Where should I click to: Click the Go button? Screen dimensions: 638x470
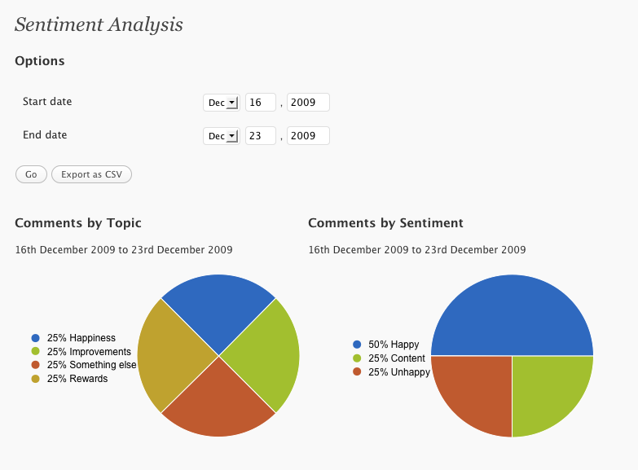pos(31,174)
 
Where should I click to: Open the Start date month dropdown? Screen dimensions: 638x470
pos(222,103)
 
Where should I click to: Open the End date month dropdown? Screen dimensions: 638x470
pos(222,136)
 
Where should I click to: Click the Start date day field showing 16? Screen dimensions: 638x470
pos(261,103)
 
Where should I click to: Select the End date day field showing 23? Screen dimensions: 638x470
pos(261,136)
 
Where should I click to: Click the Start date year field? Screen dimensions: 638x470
pos(308,103)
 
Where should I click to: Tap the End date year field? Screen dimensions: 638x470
pos(308,136)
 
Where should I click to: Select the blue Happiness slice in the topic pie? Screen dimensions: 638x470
pos(218,310)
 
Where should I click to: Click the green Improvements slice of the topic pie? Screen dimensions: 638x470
pos(265,356)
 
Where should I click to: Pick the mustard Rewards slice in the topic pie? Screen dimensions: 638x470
pos(173,356)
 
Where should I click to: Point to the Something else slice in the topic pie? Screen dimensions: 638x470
pos(218,401)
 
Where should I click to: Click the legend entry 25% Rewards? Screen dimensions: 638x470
pos(69,379)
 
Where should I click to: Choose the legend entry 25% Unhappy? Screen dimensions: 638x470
pos(391,372)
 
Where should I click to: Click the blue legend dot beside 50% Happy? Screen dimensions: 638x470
pos(357,345)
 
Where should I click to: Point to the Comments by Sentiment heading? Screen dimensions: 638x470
pos(385,223)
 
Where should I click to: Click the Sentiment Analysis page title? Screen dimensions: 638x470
pos(99,24)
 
